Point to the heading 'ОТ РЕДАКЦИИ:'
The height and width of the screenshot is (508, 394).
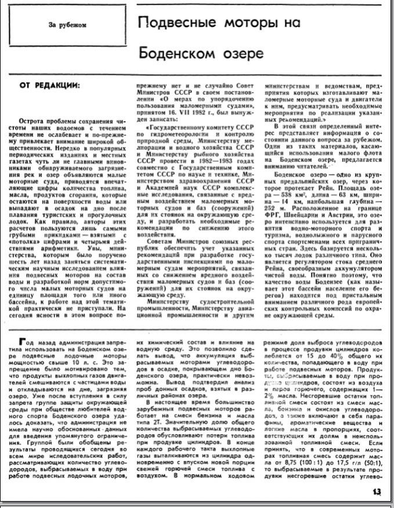51,85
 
